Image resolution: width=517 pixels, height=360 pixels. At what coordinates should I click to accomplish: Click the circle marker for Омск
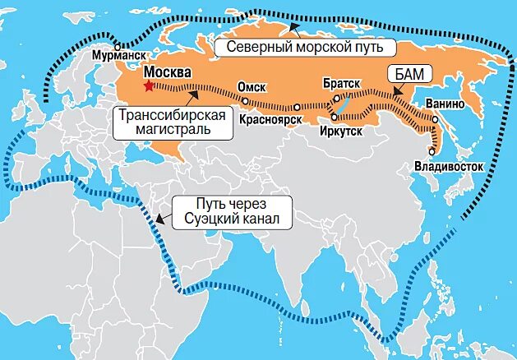pyautogui.click(x=246, y=100)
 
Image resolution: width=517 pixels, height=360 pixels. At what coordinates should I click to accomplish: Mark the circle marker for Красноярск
pyautogui.click(x=298, y=105)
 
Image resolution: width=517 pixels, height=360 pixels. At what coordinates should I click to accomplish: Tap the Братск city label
pyautogui.click(x=341, y=84)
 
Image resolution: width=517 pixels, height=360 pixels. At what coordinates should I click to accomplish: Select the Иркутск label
pyautogui.click(x=341, y=130)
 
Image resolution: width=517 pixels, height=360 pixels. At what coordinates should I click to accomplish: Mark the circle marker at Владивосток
pyautogui.click(x=431, y=150)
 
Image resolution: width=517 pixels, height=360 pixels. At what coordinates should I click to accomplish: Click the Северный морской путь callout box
pyautogui.click(x=306, y=47)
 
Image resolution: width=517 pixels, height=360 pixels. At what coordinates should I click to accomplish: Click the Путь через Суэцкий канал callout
pyautogui.click(x=232, y=212)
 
